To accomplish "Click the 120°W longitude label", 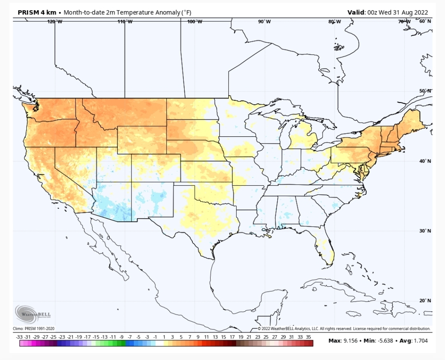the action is tap(55, 21).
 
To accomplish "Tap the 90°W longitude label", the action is tap(264, 21).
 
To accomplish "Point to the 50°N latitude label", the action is tap(425, 91).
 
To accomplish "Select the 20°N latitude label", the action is tap(425, 301).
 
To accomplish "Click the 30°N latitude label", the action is tap(425, 231).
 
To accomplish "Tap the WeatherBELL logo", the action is tap(33, 314).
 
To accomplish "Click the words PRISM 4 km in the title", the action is tap(37, 12).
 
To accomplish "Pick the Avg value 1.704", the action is tap(420, 341).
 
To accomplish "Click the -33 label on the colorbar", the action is tap(19, 337).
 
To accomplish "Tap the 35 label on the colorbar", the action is tap(309, 337).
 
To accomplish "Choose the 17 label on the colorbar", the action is tap(232, 337).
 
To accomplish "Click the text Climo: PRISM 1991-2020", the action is tap(33, 329).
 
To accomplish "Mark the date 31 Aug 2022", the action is tap(410, 12).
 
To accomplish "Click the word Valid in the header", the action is tap(356, 12).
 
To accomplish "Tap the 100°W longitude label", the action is tap(194, 21).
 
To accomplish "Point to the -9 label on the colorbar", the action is tap(122, 337).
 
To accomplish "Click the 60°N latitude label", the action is tap(425, 21).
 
